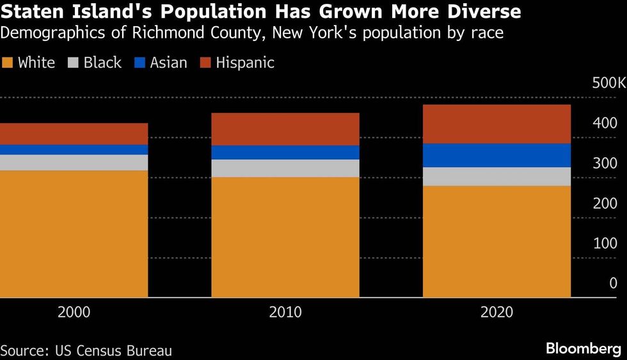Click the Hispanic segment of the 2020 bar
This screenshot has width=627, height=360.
tap(497, 124)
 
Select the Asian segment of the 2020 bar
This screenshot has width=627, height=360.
tap(497, 155)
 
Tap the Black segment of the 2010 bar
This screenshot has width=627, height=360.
tap(285, 168)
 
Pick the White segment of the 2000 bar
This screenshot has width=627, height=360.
tap(74, 233)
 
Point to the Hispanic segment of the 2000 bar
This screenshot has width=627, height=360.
tap(74, 134)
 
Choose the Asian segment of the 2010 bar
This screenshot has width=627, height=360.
tap(285, 152)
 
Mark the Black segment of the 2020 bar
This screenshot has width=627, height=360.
tap(497, 176)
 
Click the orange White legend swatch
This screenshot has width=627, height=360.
tap(8, 63)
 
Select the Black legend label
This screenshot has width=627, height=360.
tap(102, 63)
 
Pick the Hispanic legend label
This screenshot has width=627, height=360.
tap(245, 63)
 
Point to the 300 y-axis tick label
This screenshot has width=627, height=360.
tap(605, 163)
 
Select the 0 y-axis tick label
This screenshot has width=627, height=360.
tap(613, 283)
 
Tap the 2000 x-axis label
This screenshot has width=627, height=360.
tap(74, 313)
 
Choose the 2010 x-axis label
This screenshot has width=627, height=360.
tap(285, 313)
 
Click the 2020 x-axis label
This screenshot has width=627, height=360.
tap(497, 313)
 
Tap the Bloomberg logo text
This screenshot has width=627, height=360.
tap(583, 348)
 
